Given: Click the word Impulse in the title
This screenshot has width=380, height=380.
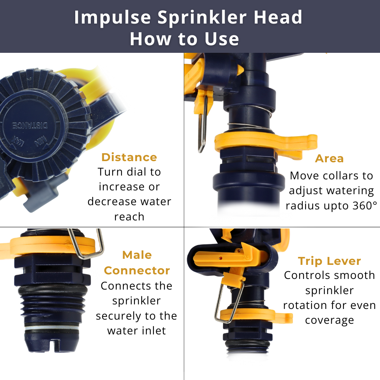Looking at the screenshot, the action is pos(112,18).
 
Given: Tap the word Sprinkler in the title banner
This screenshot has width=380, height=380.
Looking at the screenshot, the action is pos(203,17).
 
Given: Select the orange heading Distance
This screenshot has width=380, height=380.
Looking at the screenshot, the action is pos(129,157).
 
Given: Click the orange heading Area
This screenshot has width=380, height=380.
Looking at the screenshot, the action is pos(329,158).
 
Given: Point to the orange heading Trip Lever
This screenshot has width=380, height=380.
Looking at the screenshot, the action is pos(329,261).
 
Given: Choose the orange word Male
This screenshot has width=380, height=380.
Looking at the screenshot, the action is pos(137,255).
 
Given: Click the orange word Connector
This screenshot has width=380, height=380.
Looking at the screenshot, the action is pos(137,271).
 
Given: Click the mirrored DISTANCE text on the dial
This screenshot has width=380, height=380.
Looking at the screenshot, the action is pos(30,125).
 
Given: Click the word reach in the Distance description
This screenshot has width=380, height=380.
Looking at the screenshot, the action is pos(129,217).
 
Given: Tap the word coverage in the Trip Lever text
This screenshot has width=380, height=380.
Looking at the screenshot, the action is pos(329,320).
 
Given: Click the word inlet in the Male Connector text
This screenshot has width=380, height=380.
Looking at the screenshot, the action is pos(154,331).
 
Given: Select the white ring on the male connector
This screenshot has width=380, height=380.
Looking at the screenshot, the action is pos(52,328).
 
